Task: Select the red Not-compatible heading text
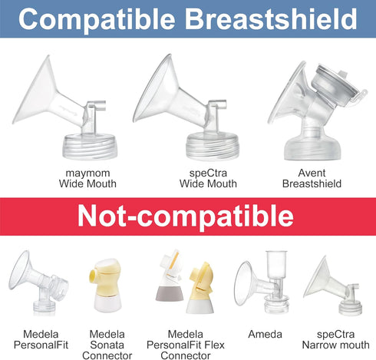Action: pos(187,216)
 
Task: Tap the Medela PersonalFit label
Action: pos(36,339)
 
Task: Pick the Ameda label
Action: pos(263,334)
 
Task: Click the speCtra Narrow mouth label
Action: pos(336,339)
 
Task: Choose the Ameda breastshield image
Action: pos(263,288)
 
